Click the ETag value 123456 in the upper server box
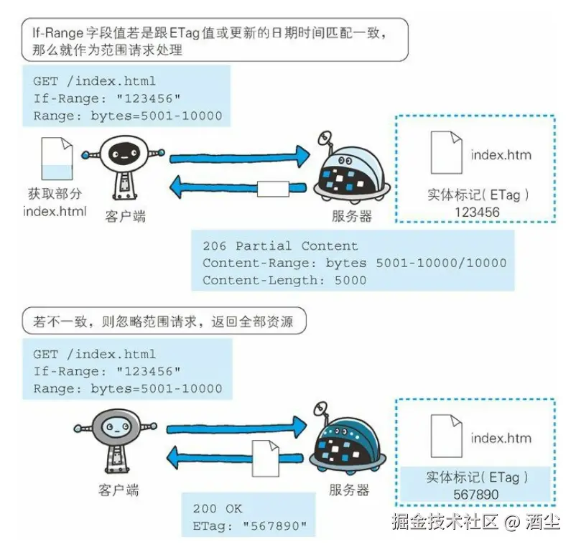477,212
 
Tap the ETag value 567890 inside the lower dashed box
475,494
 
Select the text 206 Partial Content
280,246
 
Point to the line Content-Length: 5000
284,280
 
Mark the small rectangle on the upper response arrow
272,189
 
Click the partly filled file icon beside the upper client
57,159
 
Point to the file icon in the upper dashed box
446,152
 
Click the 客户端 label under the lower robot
119,491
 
